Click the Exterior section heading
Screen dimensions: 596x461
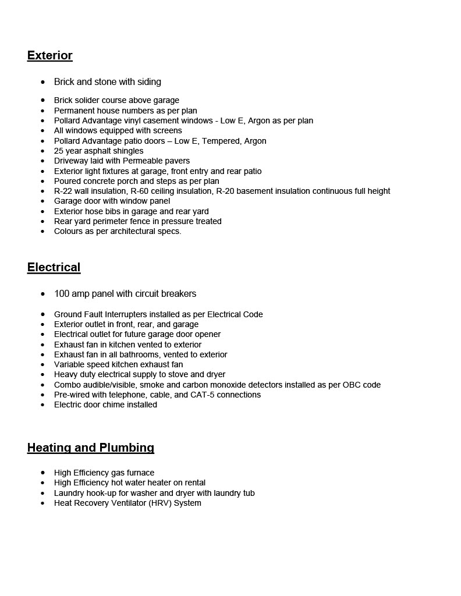[49, 55]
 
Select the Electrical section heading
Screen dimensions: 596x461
[54, 267]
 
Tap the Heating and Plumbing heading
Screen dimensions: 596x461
[90, 448]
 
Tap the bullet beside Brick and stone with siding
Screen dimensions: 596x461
[42, 82]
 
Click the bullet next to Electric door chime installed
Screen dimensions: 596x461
[42, 405]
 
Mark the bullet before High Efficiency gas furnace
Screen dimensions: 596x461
[42, 473]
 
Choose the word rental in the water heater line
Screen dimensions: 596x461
[192, 483]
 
